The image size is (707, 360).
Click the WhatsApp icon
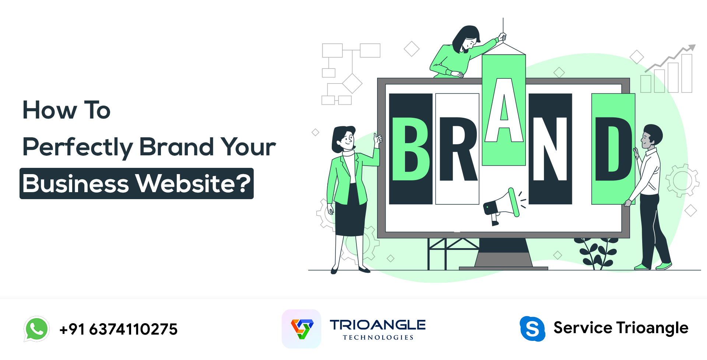pyautogui.click(x=36, y=329)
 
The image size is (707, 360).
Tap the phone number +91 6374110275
pyautogui.click(x=119, y=329)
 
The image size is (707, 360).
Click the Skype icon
pyautogui.click(x=532, y=328)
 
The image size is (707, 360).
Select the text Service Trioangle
pyautogui.click(x=621, y=328)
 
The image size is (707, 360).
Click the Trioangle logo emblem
pyautogui.click(x=302, y=329)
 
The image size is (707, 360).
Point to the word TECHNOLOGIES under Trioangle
pyautogui.click(x=378, y=337)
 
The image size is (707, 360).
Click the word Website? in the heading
pyautogui.click(x=193, y=183)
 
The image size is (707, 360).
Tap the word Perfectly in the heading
pyautogui.click(x=77, y=147)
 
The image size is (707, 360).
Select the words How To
pyautogui.click(x=66, y=110)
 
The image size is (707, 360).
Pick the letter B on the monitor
pyautogui.click(x=410, y=149)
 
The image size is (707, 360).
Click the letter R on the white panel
pyautogui.click(x=457, y=149)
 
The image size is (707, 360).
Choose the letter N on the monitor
pyautogui.click(x=550, y=149)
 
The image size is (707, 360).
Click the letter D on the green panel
pyautogui.click(x=613, y=149)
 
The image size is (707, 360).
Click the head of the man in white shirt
pyautogui.click(x=652, y=136)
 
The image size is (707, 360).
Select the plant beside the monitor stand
pyautogui.click(x=597, y=252)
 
